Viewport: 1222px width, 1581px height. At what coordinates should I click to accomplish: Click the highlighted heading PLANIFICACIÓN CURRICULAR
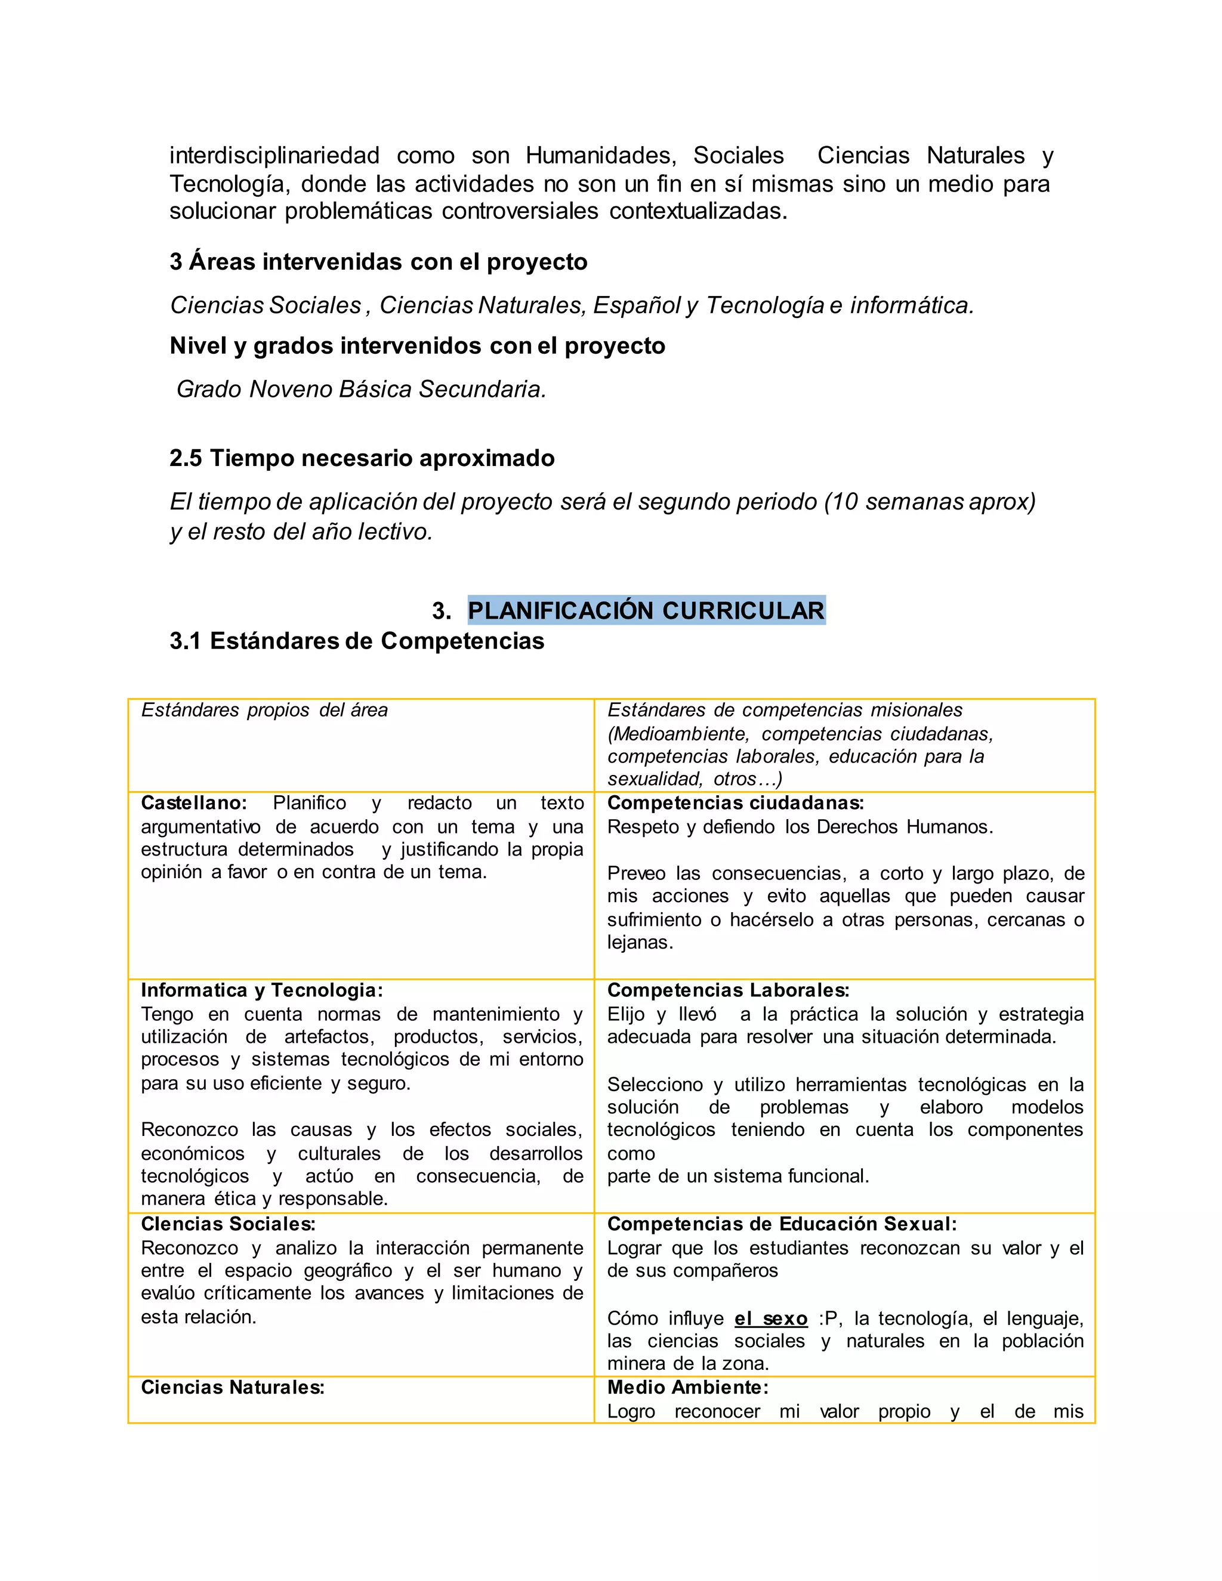(x=646, y=610)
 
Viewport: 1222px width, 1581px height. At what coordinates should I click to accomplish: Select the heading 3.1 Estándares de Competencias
(x=356, y=641)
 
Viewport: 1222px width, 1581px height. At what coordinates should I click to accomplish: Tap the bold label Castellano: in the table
(x=193, y=803)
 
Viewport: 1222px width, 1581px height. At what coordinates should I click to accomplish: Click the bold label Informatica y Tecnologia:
(x=261, y=990)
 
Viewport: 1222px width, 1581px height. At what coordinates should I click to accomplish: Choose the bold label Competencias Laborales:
(x=727, y=990)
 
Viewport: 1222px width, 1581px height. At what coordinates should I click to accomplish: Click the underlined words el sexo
(x=770, y=1319)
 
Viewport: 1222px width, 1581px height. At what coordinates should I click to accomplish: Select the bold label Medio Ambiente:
(x=687, y=1388)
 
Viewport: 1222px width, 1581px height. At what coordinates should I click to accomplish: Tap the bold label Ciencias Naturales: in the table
(x=232, y=1388)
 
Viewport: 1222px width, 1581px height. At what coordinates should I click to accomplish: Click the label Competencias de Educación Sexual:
(x=781, y=1224)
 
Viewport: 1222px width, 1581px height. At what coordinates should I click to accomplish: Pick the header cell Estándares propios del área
(x=264, y=710)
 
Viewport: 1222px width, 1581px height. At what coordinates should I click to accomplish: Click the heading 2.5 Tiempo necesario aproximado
(x=362, y=458)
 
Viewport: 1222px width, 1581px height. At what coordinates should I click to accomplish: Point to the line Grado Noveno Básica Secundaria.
(x=360, y=390)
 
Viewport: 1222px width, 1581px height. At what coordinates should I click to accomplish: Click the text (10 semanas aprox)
(x=930, y=502)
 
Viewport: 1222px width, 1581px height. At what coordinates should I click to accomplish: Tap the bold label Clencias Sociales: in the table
(x=227, y=1224)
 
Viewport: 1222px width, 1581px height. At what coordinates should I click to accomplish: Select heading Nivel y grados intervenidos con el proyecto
(x=417, y=346)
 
